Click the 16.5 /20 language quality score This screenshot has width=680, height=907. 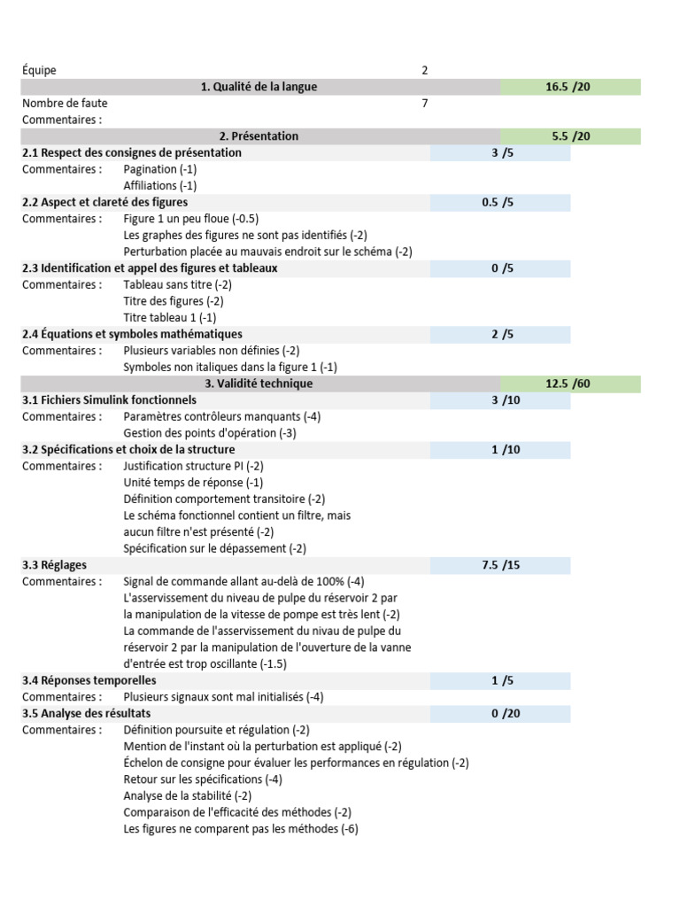tap(568, 87)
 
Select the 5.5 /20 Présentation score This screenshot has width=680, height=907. tap(568, 136)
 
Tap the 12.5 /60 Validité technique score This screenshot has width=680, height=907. tap(568, 384)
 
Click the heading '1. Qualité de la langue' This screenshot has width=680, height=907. tap(259, 87)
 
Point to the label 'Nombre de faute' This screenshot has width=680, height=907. tap(65, 104)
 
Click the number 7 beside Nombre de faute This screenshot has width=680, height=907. tap(425, 104)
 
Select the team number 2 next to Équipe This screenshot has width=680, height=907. tap(425, 70)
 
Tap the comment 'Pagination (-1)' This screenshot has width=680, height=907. tap(160, 169)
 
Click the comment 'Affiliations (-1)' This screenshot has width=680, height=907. tap(160, 186)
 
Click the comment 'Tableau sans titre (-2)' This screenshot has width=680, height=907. tap(178, 285)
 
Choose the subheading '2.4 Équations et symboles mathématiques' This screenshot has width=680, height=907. tap(132, 334)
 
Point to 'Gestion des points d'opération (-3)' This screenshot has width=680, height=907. tap(209, 433)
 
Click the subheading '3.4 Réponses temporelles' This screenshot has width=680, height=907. tap(89, 680)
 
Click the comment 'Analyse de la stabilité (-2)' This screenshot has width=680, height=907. tap(188, 795)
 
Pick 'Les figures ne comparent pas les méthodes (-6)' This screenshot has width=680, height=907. tap(241, 829)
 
